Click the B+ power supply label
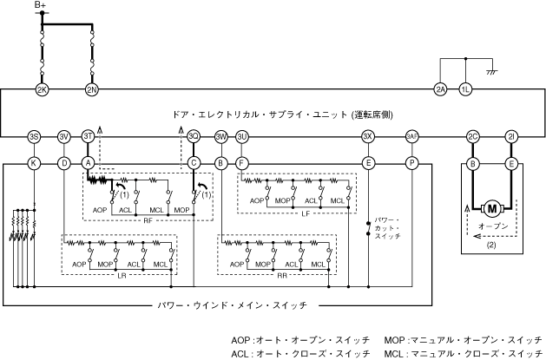[x=41, y=6]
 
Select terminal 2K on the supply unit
[x=41, y=89]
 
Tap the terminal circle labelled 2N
[x=92, y=89]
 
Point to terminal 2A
[x=440, y=89]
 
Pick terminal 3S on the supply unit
[x=33, y=137]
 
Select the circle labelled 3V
[x=63, y=137]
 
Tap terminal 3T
[x=88, y=137]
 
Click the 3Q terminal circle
[x=194, y=137]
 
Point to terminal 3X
[x=368, y=137]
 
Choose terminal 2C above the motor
[x=473, y=137]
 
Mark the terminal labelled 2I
[x=511, y=137]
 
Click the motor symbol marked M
[x=492, y=208]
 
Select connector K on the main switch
[x=33, y=162]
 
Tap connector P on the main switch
[x=412, y=162]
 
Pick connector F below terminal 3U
[x=242, y=162]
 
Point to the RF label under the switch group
[x=149, y=220]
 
